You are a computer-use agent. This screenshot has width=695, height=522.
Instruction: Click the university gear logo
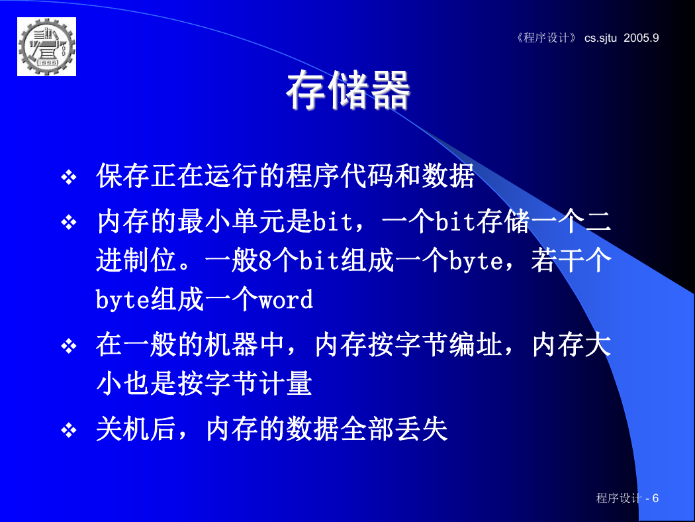(x=46, y=46)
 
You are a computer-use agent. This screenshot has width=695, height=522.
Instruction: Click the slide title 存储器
(x=348, y=90)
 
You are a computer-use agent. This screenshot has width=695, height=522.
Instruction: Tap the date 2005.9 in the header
(x=641, y=38)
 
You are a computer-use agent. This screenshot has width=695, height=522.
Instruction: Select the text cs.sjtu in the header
(x=600, y=38)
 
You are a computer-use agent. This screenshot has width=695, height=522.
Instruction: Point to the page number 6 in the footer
(x=655, y=498)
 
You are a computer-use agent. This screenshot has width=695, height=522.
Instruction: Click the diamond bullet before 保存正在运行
(x=69, y=178)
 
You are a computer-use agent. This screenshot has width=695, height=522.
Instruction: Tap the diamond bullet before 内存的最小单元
(x=69, y=222)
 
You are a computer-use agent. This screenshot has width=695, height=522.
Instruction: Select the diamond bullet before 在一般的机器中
(x=69, y=346)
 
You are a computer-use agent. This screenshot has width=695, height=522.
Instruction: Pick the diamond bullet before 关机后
(x=69, y=430)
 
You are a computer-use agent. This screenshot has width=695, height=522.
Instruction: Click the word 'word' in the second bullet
(x=286, y=300)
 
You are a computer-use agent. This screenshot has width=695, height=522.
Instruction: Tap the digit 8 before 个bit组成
(x=265, y=260)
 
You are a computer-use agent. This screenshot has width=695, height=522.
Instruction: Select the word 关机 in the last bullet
(x=123, y=429)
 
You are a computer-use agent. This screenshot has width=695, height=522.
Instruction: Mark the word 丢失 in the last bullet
(x=421, y=429)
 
